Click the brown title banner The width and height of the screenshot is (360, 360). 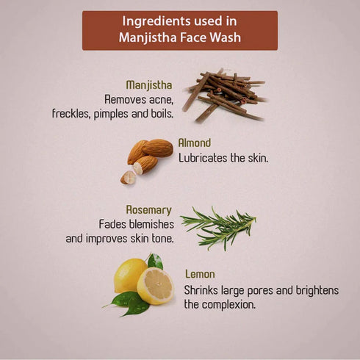(179, 30)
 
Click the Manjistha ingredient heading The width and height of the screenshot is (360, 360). (148, 84)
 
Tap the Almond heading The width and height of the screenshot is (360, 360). (194, 143)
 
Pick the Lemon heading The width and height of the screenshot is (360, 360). (200, 274)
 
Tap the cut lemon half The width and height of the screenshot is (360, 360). (156, 285)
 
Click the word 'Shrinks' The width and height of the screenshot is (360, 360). (201, 289)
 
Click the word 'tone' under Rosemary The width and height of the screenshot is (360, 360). (161, 238)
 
